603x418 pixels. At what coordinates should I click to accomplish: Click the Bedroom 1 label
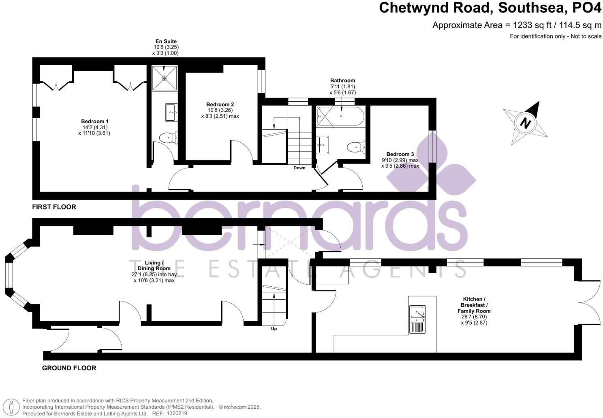[x=95, y=122]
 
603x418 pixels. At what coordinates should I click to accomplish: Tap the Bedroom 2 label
[x=220, y=104]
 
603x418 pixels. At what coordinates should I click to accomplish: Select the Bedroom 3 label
[x=400, y=154]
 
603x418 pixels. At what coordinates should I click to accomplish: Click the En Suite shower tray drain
[x=164, y=78]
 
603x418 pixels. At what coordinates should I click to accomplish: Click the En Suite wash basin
[x=171, y=113]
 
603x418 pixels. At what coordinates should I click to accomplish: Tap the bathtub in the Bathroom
[x=340, y=117]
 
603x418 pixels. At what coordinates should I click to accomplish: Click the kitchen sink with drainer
[x=417, y=320]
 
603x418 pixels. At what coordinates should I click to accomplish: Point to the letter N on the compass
[x=525, y=123]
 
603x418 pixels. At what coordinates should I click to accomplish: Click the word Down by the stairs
[x=299, y=168]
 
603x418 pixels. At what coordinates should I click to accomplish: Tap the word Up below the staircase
[x=274, y=329]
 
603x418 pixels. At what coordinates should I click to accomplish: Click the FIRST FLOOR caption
[x=54, y=207]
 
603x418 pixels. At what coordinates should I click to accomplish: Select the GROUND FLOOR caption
[x=69, y=368]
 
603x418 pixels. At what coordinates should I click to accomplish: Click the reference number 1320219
[x=177, y=414]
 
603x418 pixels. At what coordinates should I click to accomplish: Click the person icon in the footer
[x=11, y=407]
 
